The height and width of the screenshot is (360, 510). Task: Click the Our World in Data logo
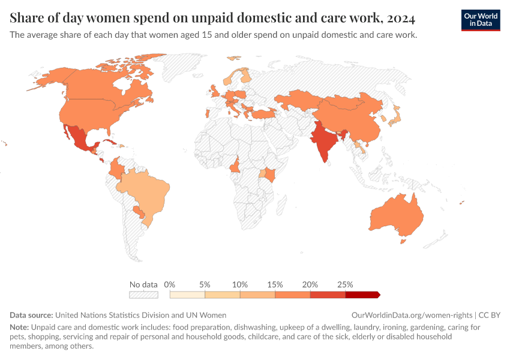point(480,19)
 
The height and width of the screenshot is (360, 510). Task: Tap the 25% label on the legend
point(345,284)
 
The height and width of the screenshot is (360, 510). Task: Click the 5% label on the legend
point(205,284)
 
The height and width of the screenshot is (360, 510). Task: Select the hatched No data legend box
point(143,295)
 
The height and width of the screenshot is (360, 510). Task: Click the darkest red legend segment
point(362,295)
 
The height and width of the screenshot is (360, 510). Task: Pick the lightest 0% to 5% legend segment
point(187,295)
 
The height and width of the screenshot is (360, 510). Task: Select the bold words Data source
point(31,315)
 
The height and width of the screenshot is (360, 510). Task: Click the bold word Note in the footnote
point(19,328)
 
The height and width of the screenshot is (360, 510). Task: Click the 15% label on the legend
point(275,284)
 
